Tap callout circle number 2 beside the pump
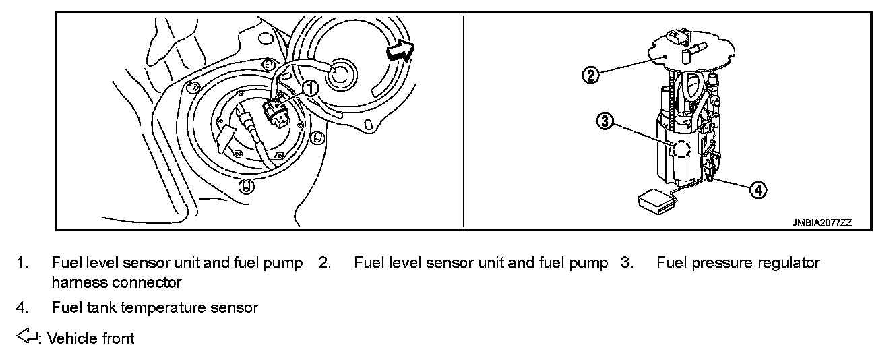(590, 74)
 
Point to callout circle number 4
(758, 190)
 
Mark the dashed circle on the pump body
(679, 150)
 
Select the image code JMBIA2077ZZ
(822, 222)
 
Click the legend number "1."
(23, 263)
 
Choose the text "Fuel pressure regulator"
(738, 263)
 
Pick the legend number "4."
(23, 308)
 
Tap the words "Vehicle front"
(90, 338)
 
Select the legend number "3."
(627, 263)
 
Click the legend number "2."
(325, 263)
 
